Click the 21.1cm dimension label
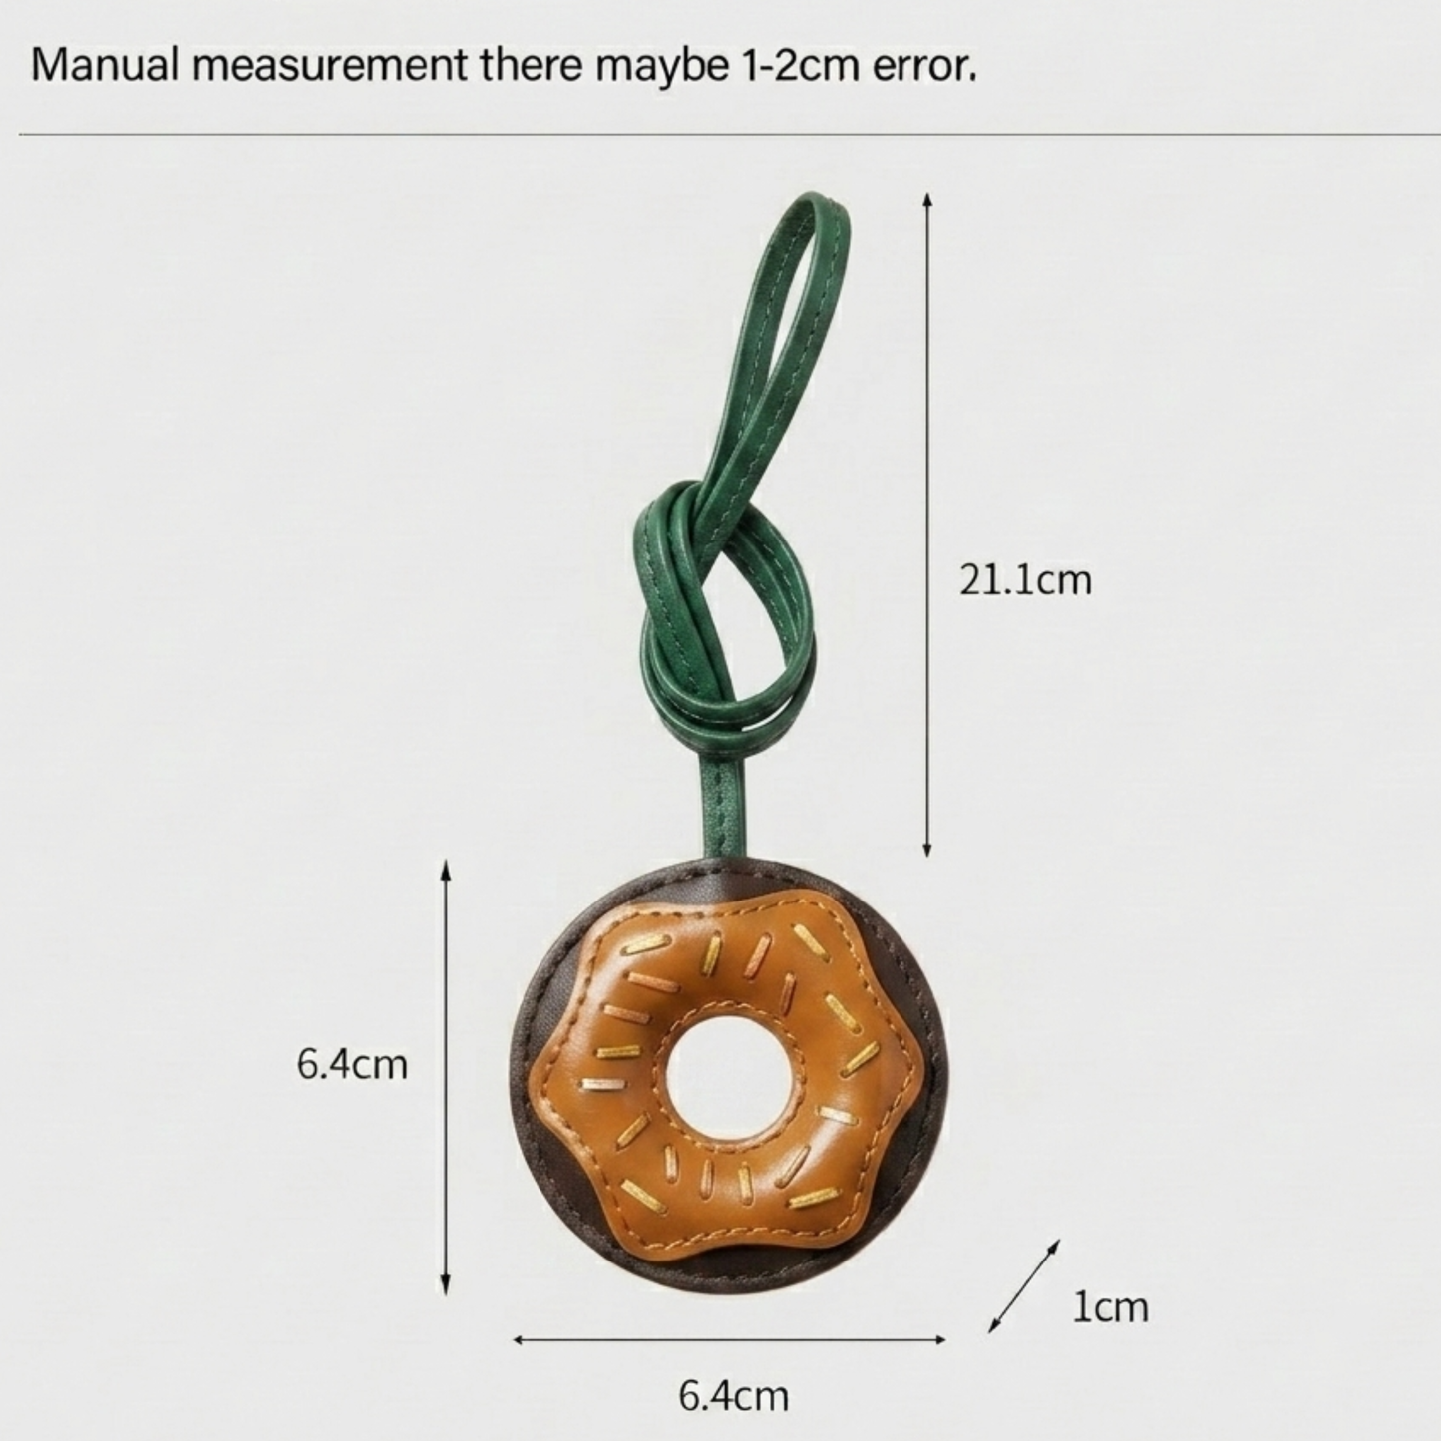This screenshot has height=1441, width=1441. pos(1025,581)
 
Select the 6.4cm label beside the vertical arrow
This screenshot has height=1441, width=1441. pos(352,1065)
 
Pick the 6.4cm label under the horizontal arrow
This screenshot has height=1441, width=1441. pos(733,1396)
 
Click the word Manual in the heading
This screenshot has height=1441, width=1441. pos(104,67)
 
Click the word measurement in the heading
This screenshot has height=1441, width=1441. pos(330,68)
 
